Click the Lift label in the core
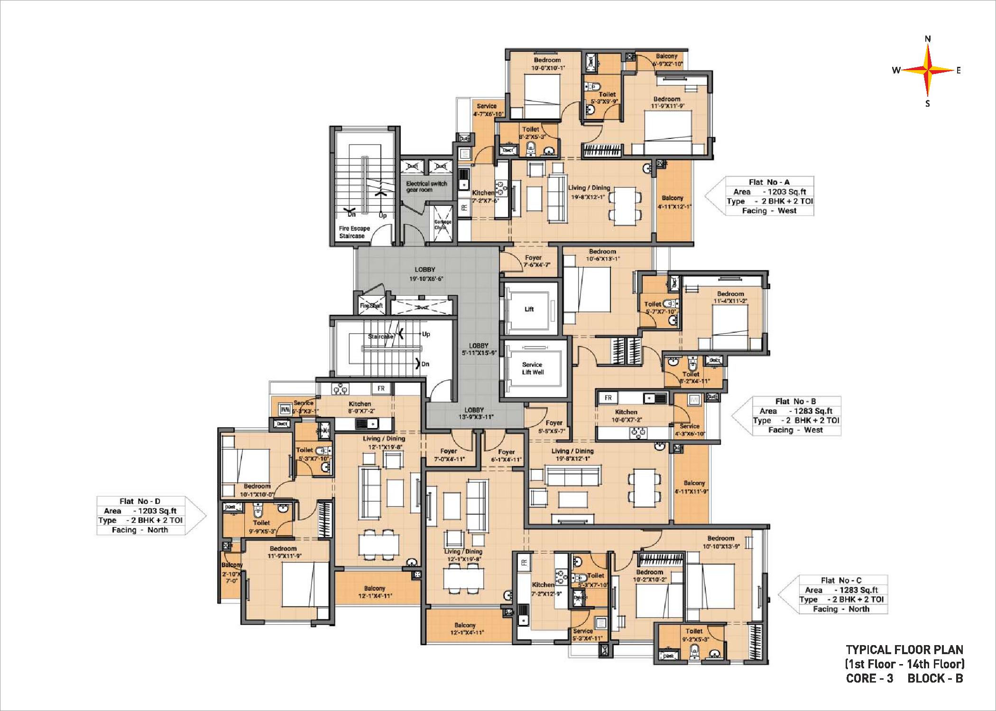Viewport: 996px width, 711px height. pos(529,309)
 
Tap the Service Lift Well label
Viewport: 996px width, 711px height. pos(532,368)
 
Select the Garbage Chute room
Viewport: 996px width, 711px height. pos(443,224)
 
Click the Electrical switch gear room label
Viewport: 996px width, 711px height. pos(426,186)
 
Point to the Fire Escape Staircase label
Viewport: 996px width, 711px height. pos(354,232)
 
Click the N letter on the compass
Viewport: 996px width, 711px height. pos(928,39)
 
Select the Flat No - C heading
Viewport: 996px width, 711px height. pos(841,580)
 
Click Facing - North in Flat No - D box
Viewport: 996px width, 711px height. pos(139,530)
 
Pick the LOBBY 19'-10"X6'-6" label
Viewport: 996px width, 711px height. pos(425,274)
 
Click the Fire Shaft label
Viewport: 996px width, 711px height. pos(371,306)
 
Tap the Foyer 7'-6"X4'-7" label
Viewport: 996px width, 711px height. pos(533,261)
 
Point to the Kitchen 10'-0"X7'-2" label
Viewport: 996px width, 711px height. pos(626,416)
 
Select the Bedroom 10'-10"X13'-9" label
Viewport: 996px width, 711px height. pos(720,542)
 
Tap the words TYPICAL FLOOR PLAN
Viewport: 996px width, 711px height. pos(904,649)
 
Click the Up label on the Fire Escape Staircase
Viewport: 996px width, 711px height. pos(382,215)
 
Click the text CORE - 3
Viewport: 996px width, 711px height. pos(869,678)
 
